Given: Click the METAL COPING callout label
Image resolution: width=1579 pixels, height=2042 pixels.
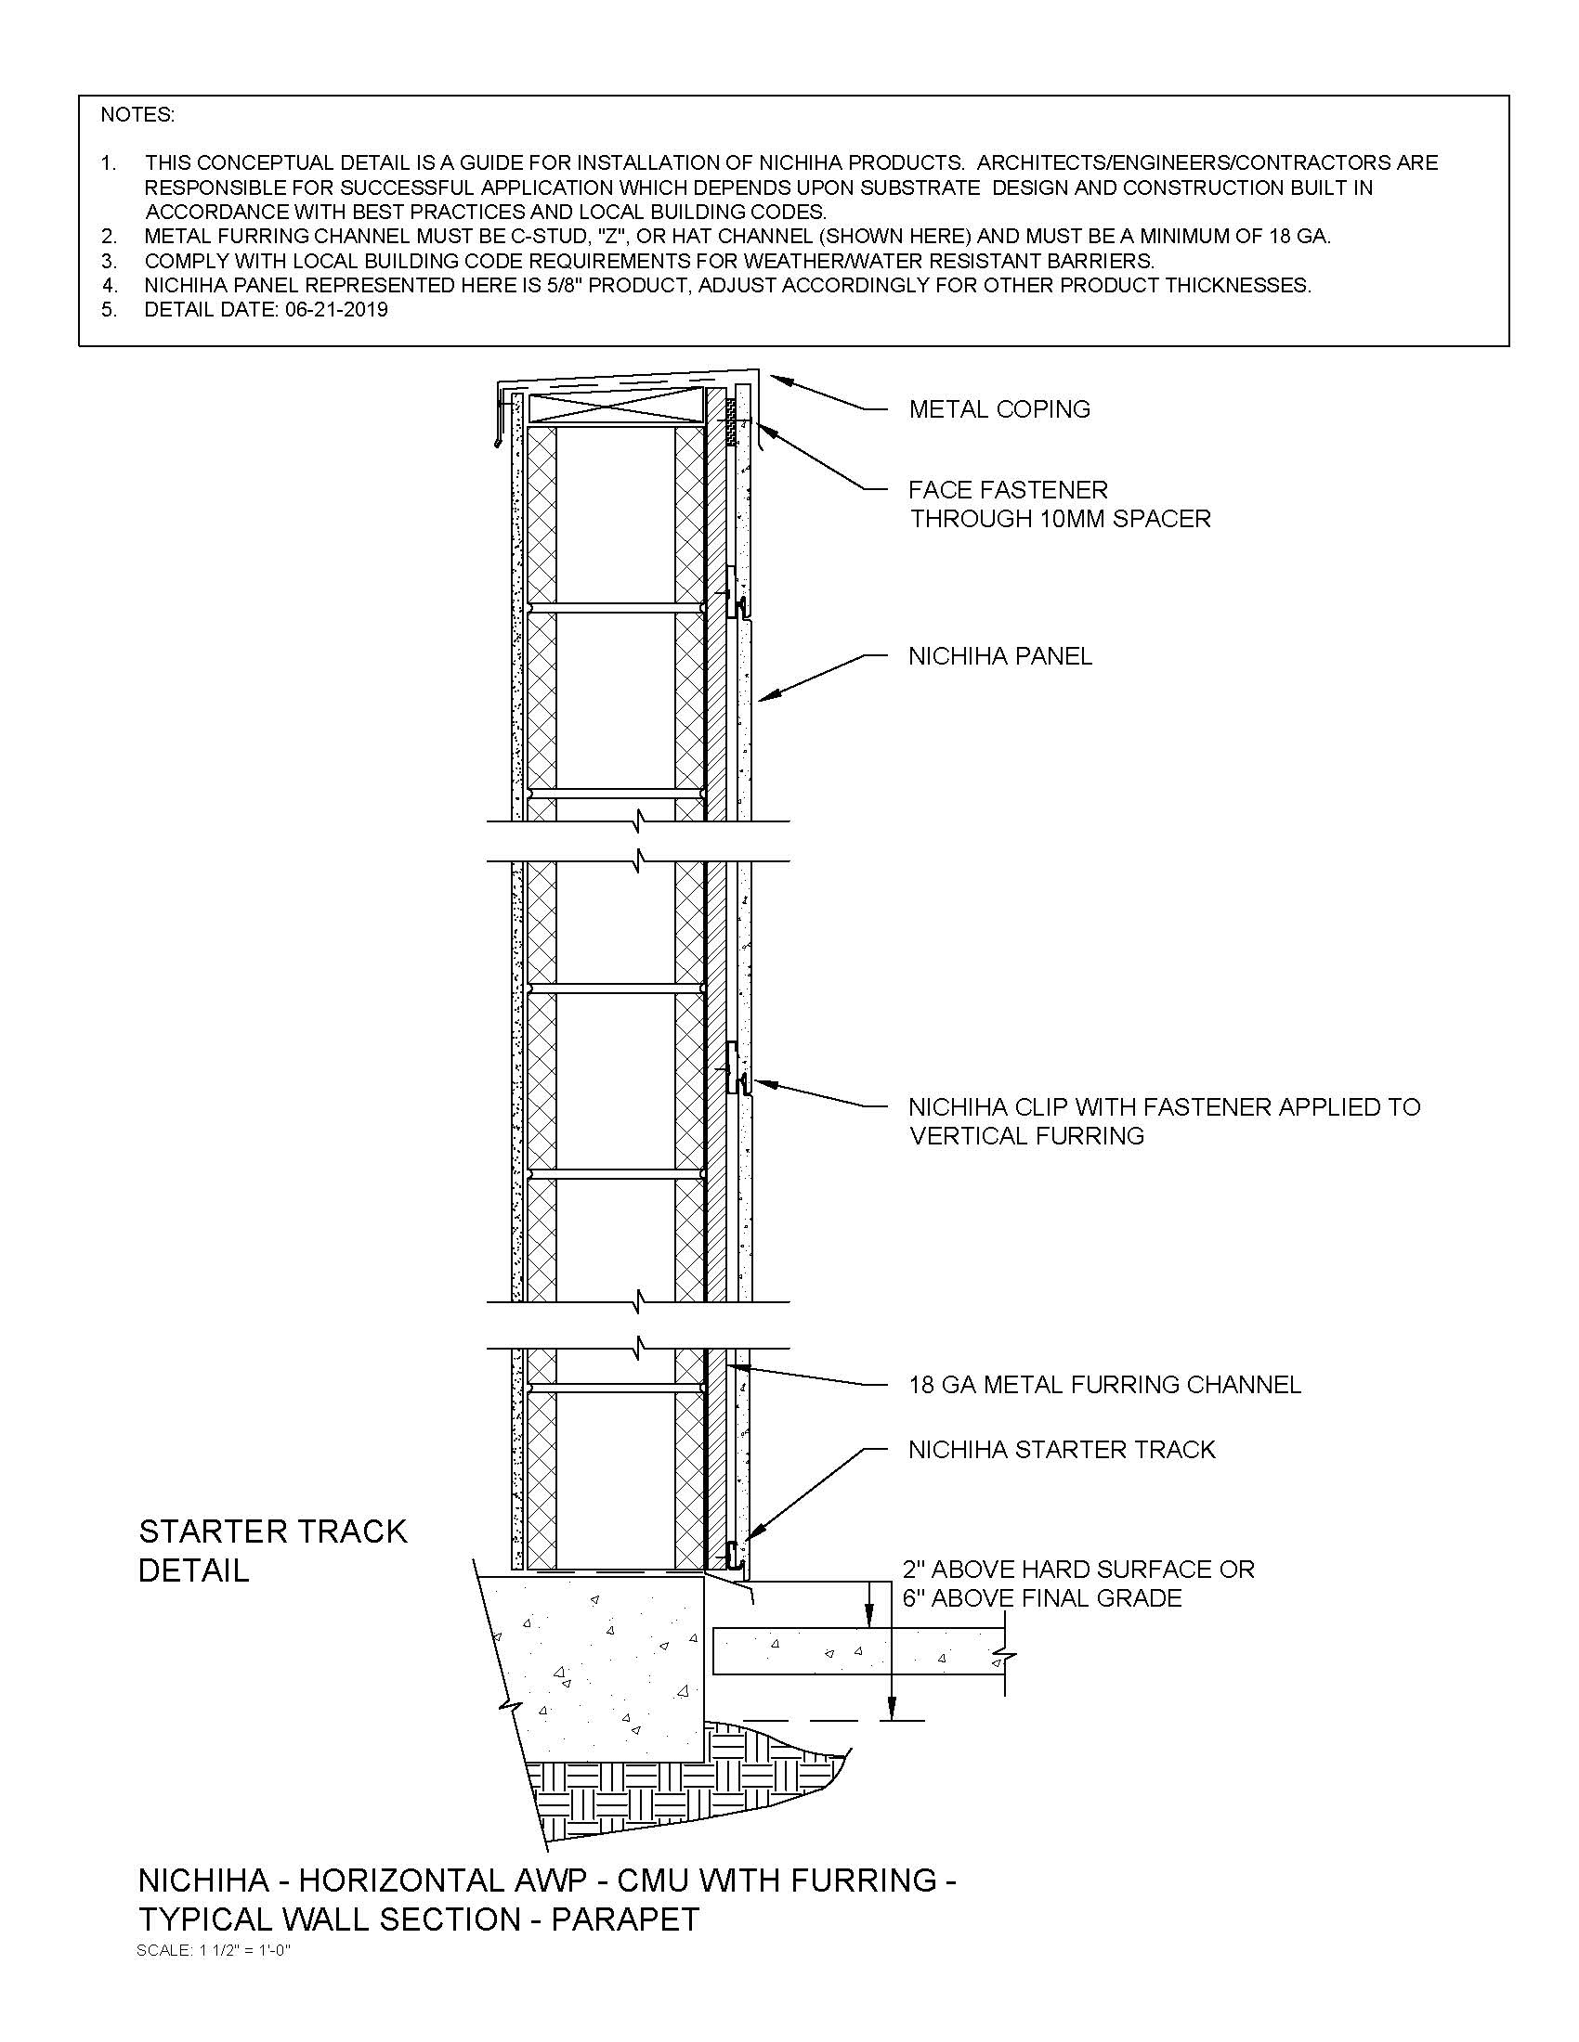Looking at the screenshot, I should pos(999,409).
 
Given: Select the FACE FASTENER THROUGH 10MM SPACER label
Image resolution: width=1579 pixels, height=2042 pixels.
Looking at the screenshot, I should pos(1059,504).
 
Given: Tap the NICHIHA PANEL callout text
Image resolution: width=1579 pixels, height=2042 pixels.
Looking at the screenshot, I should pos(999,656).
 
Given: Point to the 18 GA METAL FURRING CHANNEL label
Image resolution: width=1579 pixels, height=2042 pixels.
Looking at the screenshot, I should pos(1103,1385).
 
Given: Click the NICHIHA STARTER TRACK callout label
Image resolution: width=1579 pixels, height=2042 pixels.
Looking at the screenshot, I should pos(1061,1450).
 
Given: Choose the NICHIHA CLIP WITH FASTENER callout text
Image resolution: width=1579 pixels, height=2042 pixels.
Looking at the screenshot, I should pos(1163,1121).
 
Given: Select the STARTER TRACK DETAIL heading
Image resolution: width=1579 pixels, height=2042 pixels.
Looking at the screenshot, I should pos(272,1550).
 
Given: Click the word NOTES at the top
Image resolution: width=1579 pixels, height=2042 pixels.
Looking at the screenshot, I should pos(137,115).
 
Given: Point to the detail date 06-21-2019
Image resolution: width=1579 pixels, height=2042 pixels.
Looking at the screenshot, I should pos(336,309).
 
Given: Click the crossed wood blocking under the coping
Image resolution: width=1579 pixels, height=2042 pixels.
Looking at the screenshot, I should pos(615,407).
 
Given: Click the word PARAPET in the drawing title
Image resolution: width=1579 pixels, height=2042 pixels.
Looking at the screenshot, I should pos(625,1919).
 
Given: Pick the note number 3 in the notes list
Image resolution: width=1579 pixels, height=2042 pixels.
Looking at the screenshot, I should pos(110,261).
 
